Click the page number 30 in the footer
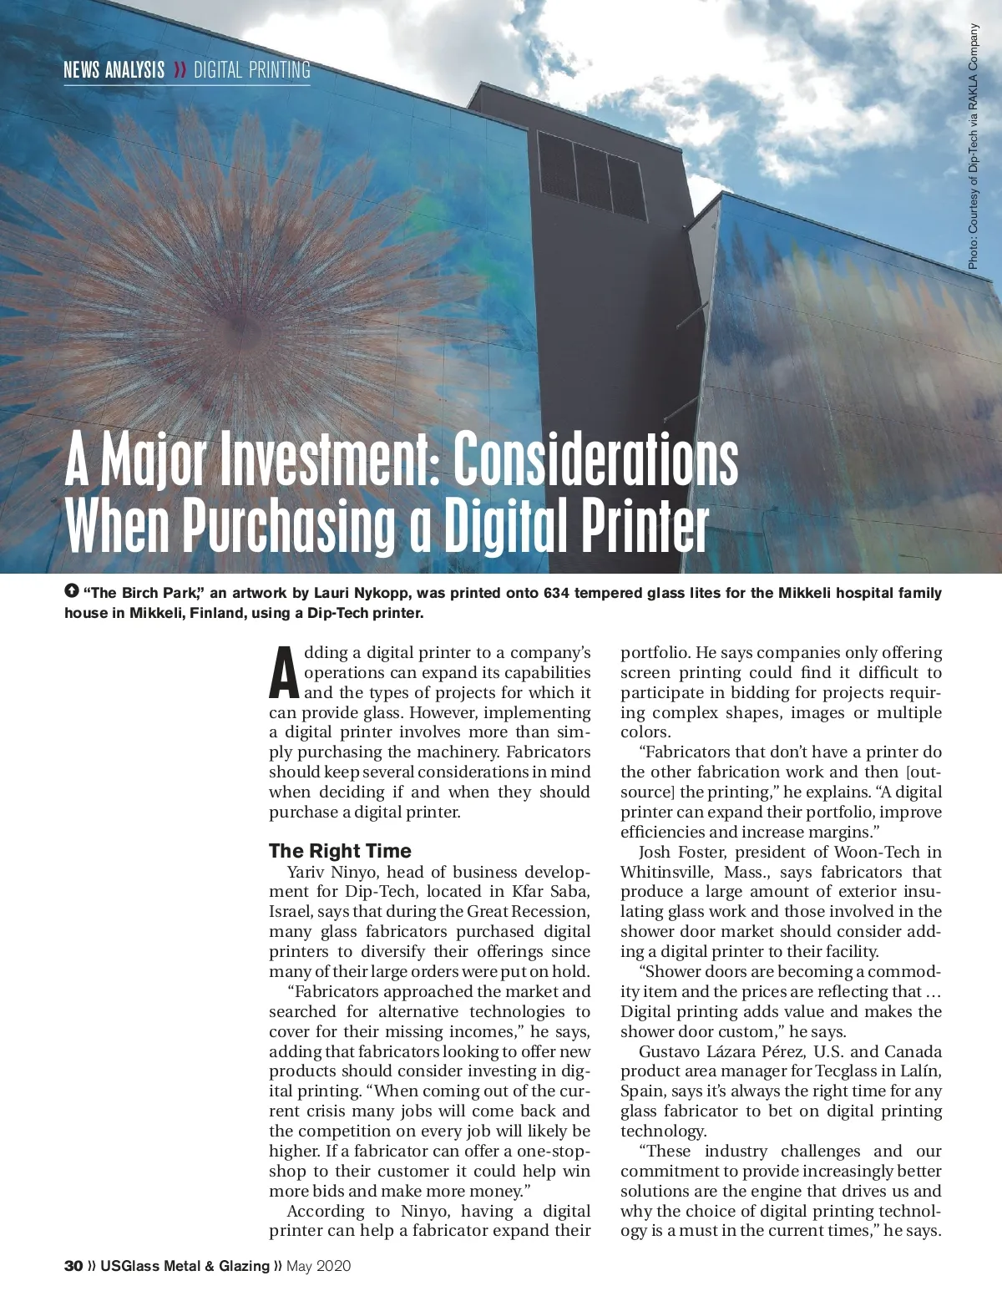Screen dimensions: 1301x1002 click(73, 1266)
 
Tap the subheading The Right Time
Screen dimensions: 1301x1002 click(340, 851)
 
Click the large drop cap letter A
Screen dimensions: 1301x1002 click(284, 674)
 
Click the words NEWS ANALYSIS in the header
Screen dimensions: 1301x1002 click(114, 70)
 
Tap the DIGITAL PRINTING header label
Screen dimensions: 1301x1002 click(251, 70)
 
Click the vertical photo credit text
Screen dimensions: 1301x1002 click(973, 146)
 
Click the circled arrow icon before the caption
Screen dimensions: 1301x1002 click(71, 591)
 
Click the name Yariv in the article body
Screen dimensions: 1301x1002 click(306, 872)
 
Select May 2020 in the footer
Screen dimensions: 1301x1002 click(318, 1266)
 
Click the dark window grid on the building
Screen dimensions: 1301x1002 click(590, 176)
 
